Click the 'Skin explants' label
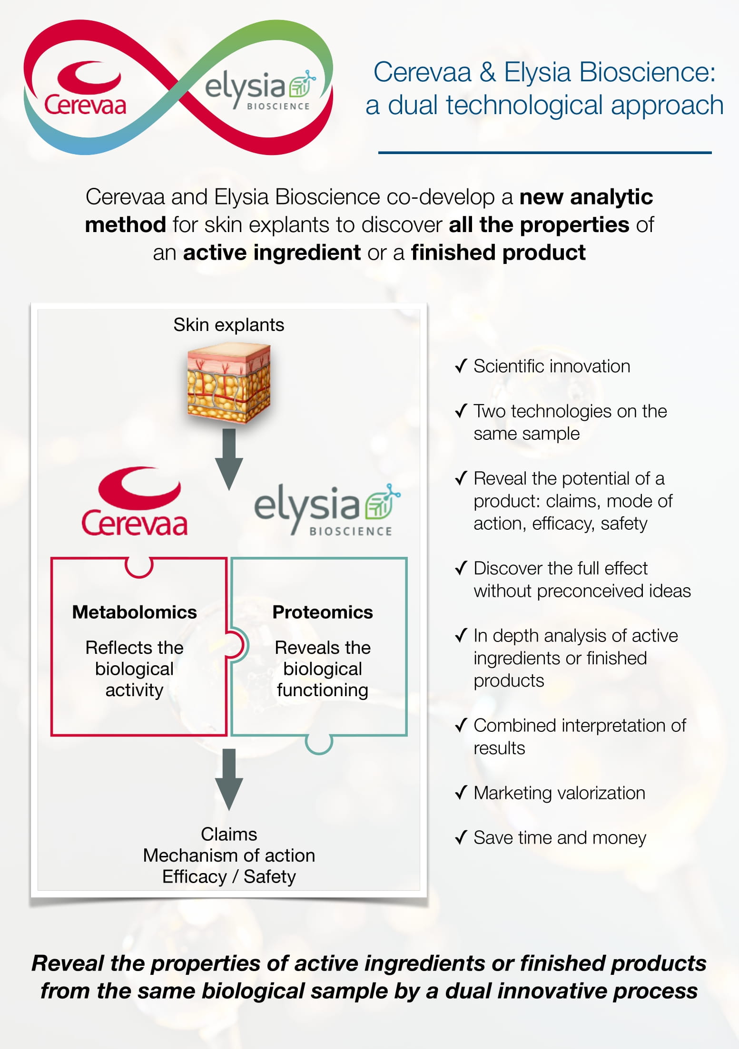pyautogui.click(x=228, y=325)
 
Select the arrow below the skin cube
pyautogui.click(x=229, y=459)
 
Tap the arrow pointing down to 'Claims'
pyautogui.click(x=229, y=779)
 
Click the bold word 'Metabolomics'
pyautogui.click(x=134, y=612)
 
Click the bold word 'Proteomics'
pyautogui.click(x=322, y=612)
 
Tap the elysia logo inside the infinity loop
pyautogui.click(x=259, y=90)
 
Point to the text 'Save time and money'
pyautogui.click(x=560, y=838)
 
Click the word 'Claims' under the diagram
pyautogui.click(x=229, y=834)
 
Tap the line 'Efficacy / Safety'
pyautogui.click(x=229, y=876)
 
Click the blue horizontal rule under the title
pyautogui.click(x=544, y=153)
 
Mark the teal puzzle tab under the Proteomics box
pyautogui.click(x=318, y=745)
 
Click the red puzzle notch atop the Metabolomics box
pyautogui.click(x=139, y=567)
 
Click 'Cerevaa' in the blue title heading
pyautogui.click(x=422, y=72)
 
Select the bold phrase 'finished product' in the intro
pyautogui.click(x=498, y=253)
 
